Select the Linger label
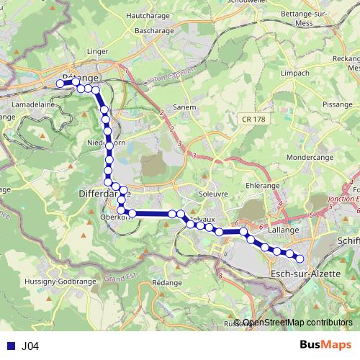[x=96, y=51]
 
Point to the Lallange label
[x=282, y=230]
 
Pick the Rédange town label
[x=167, y=283]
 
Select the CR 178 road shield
[x=249, y=117]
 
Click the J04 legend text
[x=30, y=346]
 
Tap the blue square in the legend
[x=10, y=346]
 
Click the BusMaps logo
[x=325, y=346]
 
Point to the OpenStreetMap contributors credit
[x=297, y=323]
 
